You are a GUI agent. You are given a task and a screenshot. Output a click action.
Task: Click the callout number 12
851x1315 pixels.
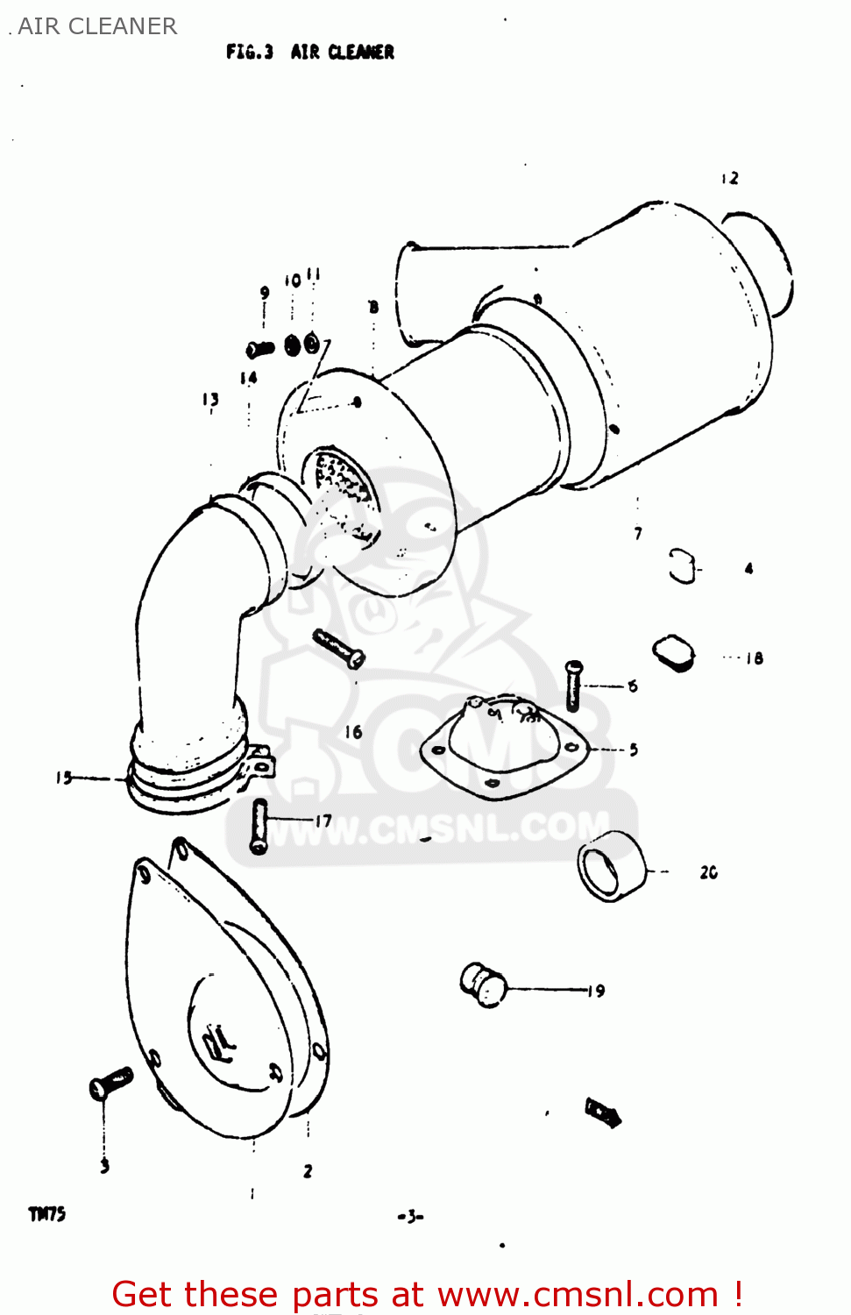(x=730, y=178)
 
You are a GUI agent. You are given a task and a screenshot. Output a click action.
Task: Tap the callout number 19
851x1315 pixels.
(x=596, y=991)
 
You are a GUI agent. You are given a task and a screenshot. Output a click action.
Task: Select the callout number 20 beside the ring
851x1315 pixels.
(x=708, y=872)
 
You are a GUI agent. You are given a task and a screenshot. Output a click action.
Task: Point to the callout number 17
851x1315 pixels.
(x=323, y=821)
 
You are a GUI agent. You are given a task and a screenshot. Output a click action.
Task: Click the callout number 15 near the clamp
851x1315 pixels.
(x=64, y=778)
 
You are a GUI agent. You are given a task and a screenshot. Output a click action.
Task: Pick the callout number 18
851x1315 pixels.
(x=754, y=657)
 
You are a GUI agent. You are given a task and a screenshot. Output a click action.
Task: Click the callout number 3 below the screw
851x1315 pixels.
(x=104, y=1165)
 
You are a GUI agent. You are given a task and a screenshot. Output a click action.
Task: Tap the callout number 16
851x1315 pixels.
(x=353, y=731)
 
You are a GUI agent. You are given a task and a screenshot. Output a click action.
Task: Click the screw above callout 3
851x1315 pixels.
(x=110, y=1084)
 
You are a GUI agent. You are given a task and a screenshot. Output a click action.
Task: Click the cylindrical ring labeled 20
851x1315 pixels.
(x=611, y=867)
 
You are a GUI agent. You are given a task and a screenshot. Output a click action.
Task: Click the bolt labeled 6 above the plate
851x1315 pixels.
(x=573, y=685)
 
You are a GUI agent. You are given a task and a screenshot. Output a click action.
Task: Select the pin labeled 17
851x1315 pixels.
(x=259, y=825)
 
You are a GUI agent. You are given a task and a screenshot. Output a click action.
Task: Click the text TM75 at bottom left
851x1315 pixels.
(x=47, y=1214)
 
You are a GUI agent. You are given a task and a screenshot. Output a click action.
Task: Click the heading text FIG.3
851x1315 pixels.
(x=250, y=52)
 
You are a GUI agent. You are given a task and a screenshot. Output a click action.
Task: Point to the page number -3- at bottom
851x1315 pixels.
(x=410, y=1216)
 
